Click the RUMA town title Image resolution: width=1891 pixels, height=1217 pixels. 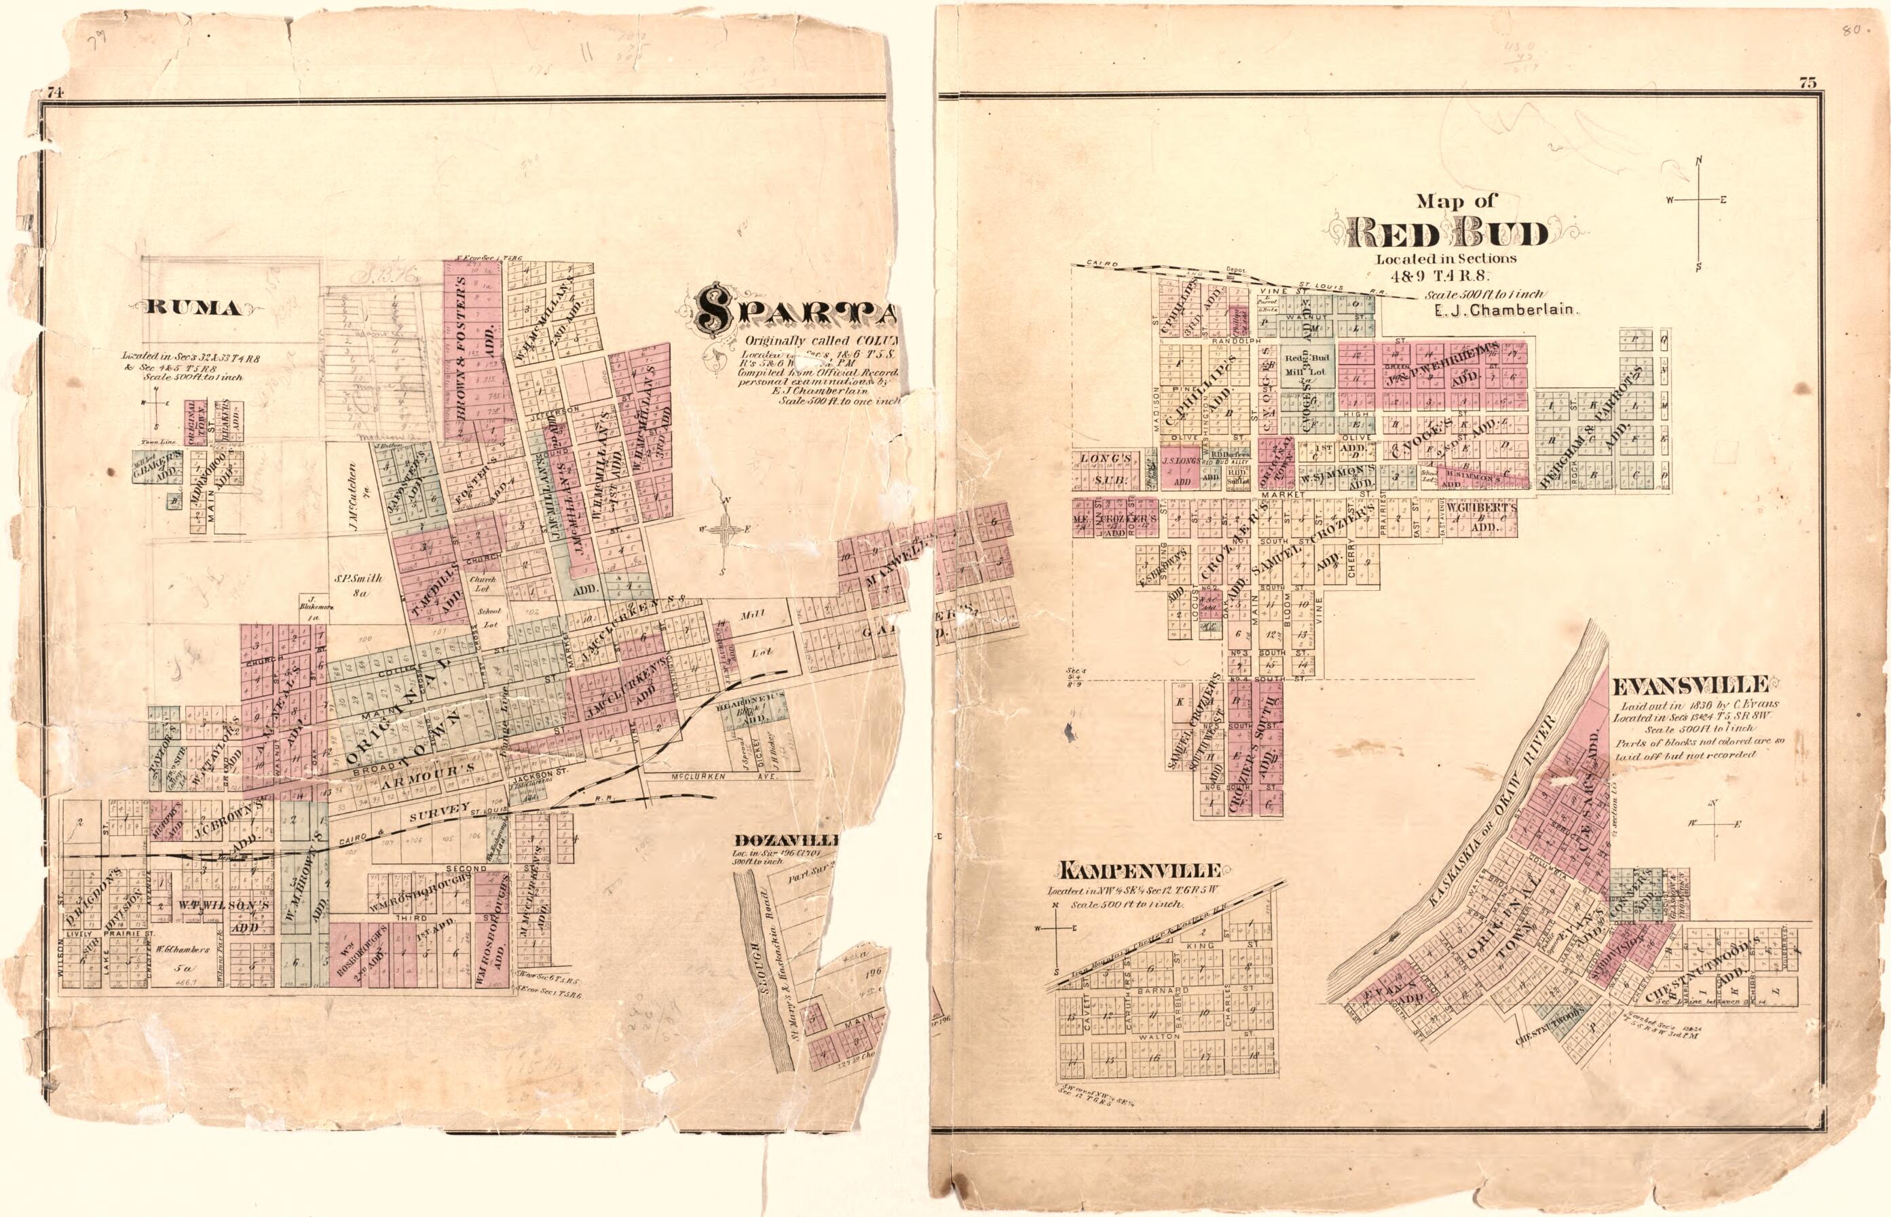click(192, 308)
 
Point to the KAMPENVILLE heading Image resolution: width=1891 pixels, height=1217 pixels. click(1140, 871)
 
